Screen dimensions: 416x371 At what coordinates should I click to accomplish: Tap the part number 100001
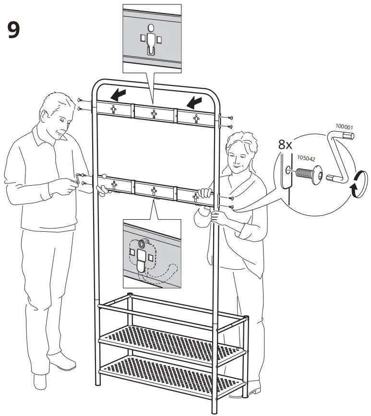point(344,127)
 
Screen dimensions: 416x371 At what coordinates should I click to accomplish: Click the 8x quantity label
point(285,144)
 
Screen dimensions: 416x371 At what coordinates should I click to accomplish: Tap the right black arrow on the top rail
point(195,101)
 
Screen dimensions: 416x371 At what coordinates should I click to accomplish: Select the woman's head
point(239,151)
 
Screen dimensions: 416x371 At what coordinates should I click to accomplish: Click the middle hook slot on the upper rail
point(154,114)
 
